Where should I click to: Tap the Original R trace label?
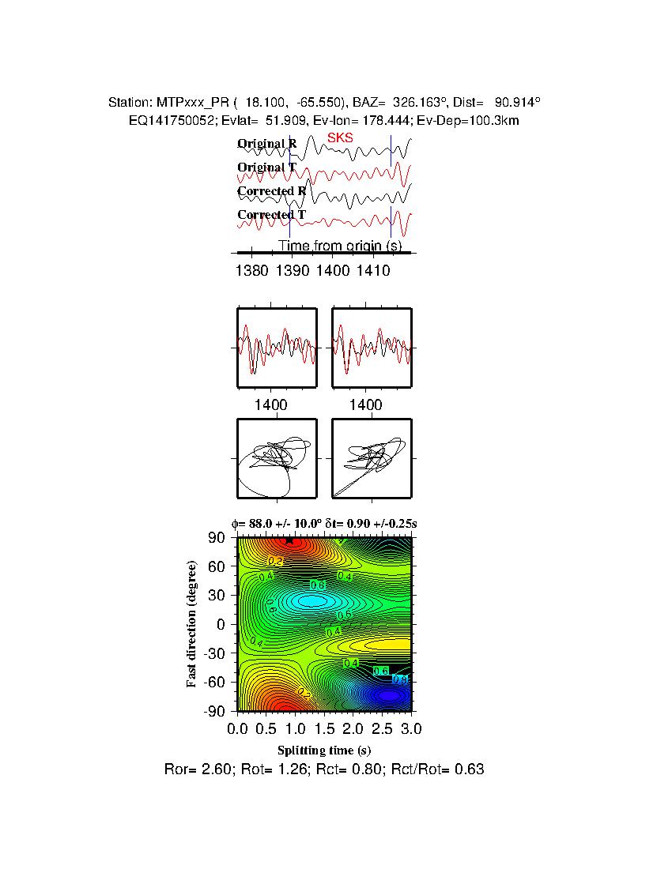pos(267,144)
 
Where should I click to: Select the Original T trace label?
pos(266,167)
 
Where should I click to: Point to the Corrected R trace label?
pos(271,191)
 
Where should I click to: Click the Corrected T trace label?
pos(271,215)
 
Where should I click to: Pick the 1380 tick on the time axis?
pos(251,272)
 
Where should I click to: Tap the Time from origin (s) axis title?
pos(340,246)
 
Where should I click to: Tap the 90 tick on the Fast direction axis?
pos(217,538)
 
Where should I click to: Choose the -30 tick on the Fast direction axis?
pos(214,653)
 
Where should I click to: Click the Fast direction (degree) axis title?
pos(192,624)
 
